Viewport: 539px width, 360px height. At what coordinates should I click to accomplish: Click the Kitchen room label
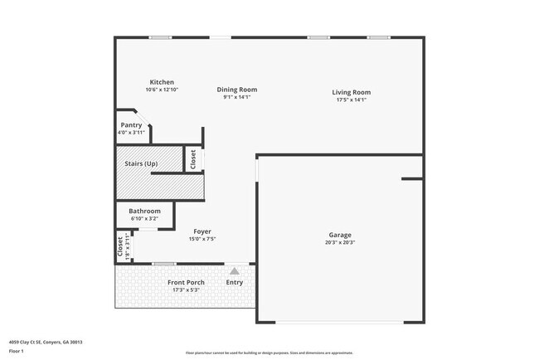click(x=161, y=82)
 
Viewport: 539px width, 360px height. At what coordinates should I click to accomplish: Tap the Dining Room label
click(x=237, y=90)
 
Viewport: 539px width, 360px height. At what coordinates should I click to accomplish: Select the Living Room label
click(x=352, y=92)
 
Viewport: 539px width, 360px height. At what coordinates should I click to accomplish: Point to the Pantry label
click(x=131, y=125)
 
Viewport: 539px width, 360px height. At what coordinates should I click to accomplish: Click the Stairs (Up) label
click(x=141, y=163)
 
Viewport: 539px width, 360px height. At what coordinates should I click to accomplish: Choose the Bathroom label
click(x=144, y=211)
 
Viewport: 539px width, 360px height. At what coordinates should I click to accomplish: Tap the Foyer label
click(x=202, y=231)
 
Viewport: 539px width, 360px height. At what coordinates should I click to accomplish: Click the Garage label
click(x=340, y=235)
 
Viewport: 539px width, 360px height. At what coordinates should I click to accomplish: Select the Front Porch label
click(x=185, y=283)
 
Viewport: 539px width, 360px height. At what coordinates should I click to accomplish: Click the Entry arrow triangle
click(x=235, y=270)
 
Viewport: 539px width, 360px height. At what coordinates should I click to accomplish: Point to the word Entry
click(x=235, y=283)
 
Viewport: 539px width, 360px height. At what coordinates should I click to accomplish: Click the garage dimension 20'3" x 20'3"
click(x=340, y=243)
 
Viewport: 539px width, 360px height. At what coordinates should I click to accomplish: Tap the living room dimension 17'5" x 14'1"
click(x=352, y=100)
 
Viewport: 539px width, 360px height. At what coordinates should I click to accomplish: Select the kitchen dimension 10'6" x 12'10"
click(x=162, y=90)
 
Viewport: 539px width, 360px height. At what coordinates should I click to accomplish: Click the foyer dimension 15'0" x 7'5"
click(x=202, y=239)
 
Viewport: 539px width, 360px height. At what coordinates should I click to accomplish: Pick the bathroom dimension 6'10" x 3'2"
click(x=144, y=218)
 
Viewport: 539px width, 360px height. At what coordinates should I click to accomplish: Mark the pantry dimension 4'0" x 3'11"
click(x=131, y=133)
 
